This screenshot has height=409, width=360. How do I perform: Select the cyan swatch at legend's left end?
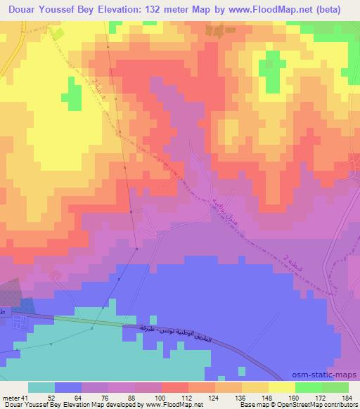pyautogui.click(x=41, y=388)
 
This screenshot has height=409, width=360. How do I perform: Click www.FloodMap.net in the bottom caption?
pyautogui.click(x=169, y=404)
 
